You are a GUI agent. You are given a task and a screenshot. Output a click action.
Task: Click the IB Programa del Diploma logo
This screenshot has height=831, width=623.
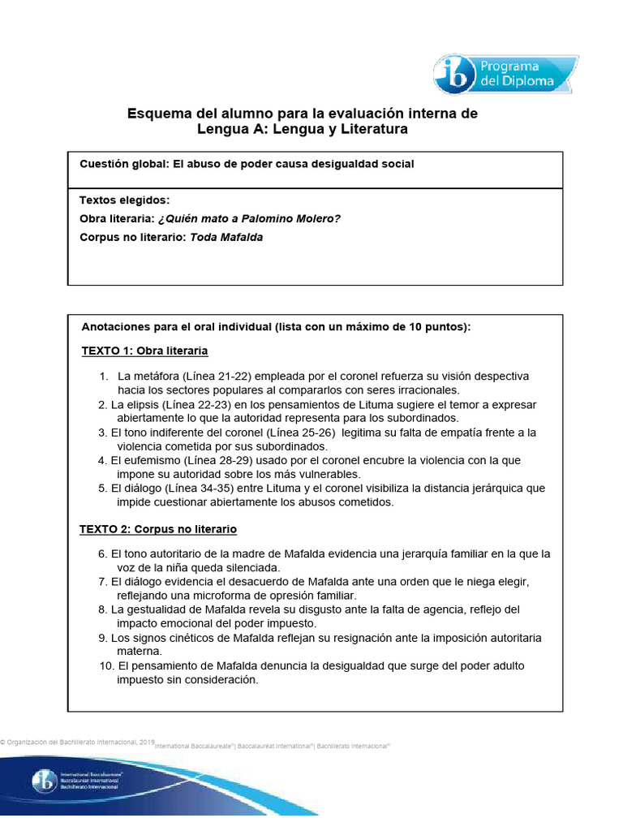coord(505,75)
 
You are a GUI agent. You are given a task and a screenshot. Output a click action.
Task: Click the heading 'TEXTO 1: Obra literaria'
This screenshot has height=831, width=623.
coord(144,351)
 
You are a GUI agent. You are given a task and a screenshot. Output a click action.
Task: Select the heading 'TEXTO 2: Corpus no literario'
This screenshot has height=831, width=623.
coord(157,529)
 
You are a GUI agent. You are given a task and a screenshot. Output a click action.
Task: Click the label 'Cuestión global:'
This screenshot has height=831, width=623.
coord(125,164)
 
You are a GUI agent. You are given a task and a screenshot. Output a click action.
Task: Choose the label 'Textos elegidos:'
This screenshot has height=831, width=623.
coord(124,200)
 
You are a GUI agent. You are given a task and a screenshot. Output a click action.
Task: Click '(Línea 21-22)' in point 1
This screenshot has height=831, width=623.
coord(218,377)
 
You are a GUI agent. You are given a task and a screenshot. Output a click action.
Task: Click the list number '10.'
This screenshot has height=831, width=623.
coord(106,665)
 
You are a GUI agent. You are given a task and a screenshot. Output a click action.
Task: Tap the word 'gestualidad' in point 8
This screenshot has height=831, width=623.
coord(161,609)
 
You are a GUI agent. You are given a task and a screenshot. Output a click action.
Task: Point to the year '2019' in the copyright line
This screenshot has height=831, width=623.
coord(147,743)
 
